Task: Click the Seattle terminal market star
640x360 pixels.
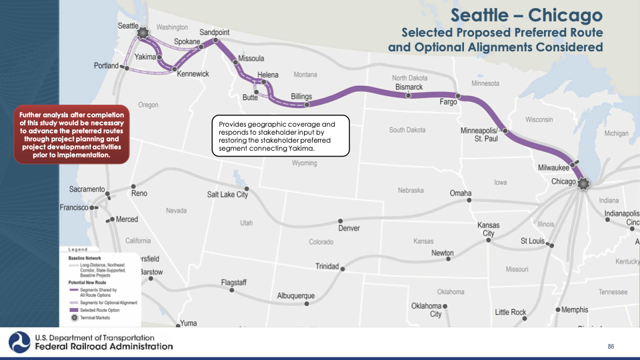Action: pyautogui.click(x=142, y=33)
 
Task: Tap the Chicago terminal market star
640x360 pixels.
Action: pyautogui.click(x=584, y=183)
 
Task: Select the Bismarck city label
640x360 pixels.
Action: pyautogui.click(x=409, y=87)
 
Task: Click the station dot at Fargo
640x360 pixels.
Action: pyautogui.click(x=457, y=95)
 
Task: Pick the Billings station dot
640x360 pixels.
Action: pyautogui.click(x=307, y=105)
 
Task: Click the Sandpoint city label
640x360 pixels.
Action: pyautogui.click(x=215, y=32)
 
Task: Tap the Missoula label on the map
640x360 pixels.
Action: pyautogui.click(x=251, y=59)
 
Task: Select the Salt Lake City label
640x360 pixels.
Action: pyautogui.click(x=227, y=195)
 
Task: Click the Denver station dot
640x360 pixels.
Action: pyautogui.click(x=341, y=221)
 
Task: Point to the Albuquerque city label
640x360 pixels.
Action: pyautogui.click(x=296, y=295)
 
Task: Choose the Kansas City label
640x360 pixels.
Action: pyautogui.click(x=489, y=230)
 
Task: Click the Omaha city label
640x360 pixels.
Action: pyautogui.click(x=461, y=193)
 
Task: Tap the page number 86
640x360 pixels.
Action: pyautogui.click(x=610, y=347)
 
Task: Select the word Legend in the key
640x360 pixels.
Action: pyautogui.click(x=79, y=249)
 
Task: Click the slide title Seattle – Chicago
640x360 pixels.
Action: pyautogui.click(x=526, y=15)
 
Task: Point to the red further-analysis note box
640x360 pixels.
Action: pyautogui.click(x=71, y=137)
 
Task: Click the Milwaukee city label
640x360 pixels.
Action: pyautogui.click(x=553, y=167)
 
